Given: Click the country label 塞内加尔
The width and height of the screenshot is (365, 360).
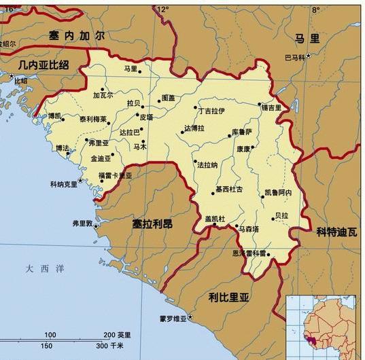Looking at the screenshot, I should (77, 35).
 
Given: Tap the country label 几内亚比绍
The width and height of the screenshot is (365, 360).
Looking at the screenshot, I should (35, 65).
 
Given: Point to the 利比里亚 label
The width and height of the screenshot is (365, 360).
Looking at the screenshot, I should (229, 296).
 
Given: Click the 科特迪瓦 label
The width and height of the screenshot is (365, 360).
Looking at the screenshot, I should (337, 231).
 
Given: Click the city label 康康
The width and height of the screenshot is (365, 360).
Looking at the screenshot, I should (243, 148).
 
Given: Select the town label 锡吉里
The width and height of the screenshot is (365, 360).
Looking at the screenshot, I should (271, 107).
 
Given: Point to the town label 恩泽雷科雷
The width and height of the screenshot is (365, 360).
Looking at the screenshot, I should (248, 253).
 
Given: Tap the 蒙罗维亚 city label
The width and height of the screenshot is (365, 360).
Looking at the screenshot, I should (173, 319).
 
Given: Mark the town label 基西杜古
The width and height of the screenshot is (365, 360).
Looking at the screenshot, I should (228, 189).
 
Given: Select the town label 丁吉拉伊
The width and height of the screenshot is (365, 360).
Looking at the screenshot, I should (211, 110).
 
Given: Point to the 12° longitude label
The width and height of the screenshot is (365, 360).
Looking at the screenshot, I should (162, 10).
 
